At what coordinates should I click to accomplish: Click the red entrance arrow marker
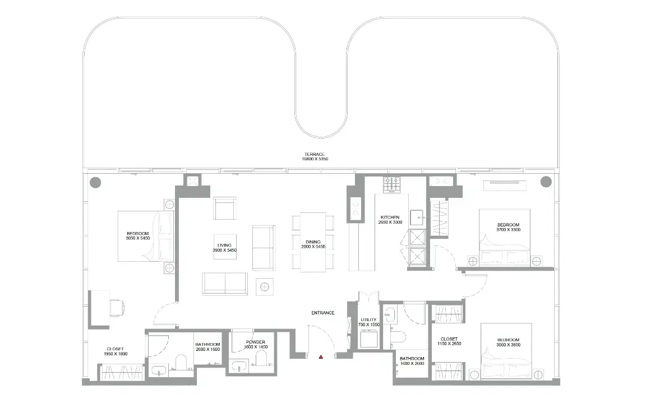(x=321, y=356)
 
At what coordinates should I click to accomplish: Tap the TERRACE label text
(x=315, y=156)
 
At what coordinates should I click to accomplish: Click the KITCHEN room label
(x=390, y=219)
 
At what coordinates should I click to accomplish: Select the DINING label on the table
(x=313, y=244)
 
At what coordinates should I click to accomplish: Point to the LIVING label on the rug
(x=224, y=247)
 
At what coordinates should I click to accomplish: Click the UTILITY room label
(x=368, y=322)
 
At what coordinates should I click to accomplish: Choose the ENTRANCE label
(x=323, y=313)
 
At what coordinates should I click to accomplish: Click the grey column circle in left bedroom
(x=96, y=182)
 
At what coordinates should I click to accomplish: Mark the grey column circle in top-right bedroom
(x=546, y=182)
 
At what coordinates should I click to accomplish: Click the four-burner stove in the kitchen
(x=391, y=183)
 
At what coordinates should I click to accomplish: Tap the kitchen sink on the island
(x=416, y=217)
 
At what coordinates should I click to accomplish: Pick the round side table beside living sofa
(x=264, y=286)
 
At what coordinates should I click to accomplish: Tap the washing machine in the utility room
(x=369, y=339)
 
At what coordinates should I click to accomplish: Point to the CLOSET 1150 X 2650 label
(x=449, y=341)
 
